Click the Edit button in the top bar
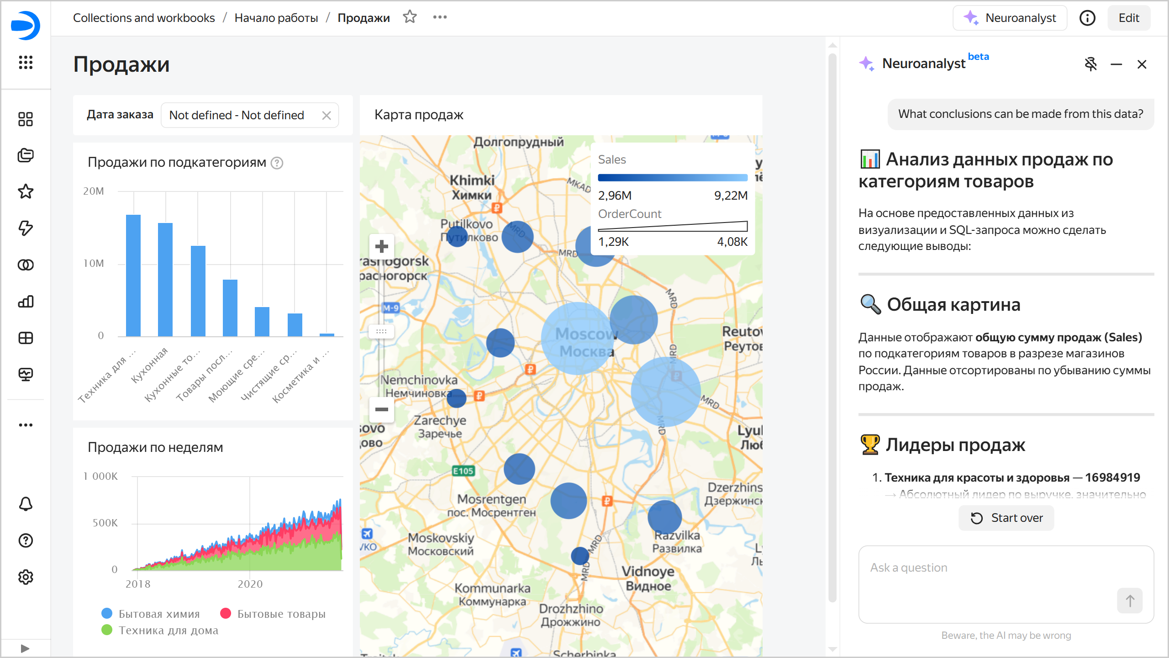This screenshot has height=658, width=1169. [1128, 18]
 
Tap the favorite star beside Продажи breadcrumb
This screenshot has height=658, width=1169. [410, 17]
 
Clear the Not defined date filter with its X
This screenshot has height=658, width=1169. [326, 115]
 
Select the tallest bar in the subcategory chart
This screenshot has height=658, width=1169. [133, 275]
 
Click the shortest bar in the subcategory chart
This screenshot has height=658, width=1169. [326, 334]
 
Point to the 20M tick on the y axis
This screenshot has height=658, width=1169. [94, 191]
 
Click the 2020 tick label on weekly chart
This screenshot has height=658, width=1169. [250, 584]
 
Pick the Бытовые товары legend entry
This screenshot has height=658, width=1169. [273, 614]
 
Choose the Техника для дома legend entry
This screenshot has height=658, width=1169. [160, 630]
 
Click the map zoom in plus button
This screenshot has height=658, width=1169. [381, 247]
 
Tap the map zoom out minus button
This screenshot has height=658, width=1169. [381, 409]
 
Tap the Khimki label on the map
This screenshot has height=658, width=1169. [472, 180]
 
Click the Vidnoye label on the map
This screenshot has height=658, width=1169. [648, 571]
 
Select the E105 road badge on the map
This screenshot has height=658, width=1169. [463, 471]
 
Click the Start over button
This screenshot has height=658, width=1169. [1006, 518]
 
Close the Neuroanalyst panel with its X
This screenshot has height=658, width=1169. [1142, 64]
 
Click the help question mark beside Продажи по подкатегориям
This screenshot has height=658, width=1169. [277, 163]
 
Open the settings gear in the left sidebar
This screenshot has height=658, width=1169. [26, 577]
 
